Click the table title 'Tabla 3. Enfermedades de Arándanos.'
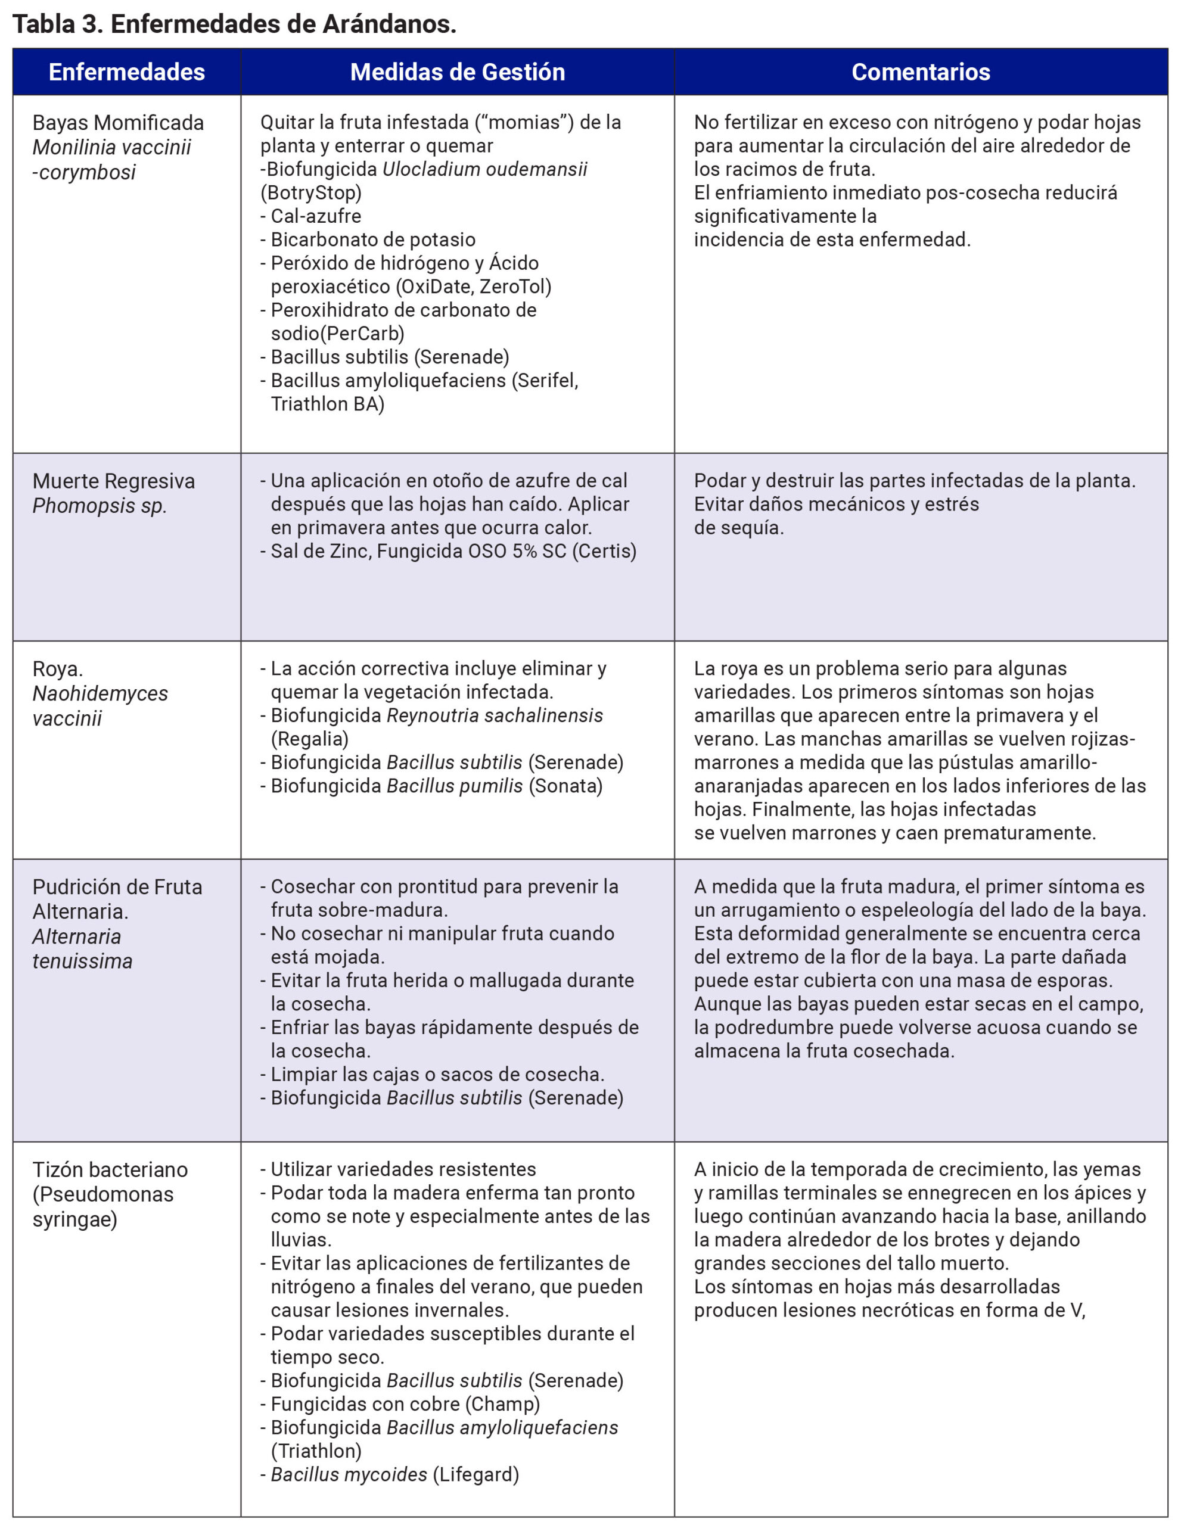[235, 24]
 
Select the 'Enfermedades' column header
[126, 72]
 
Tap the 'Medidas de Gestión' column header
[458, 72]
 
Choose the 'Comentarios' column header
[921, 72]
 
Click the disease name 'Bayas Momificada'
[118, 123]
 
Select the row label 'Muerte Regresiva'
[114, 481]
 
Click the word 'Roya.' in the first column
[58, 669]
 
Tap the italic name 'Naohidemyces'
[101, 693]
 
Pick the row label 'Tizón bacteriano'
[110, 1169]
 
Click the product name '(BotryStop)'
[312, 193]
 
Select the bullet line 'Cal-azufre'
[316, 216]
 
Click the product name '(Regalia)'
[309, 739]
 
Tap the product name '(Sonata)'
[565, 786]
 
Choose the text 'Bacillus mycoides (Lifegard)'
[394, 1475]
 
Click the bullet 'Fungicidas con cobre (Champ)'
[405, 1404]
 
